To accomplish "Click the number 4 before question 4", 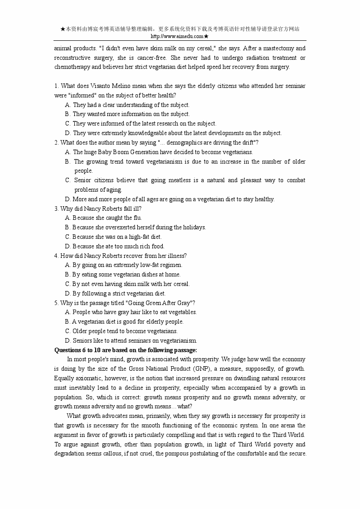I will click(x=56, y=256).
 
